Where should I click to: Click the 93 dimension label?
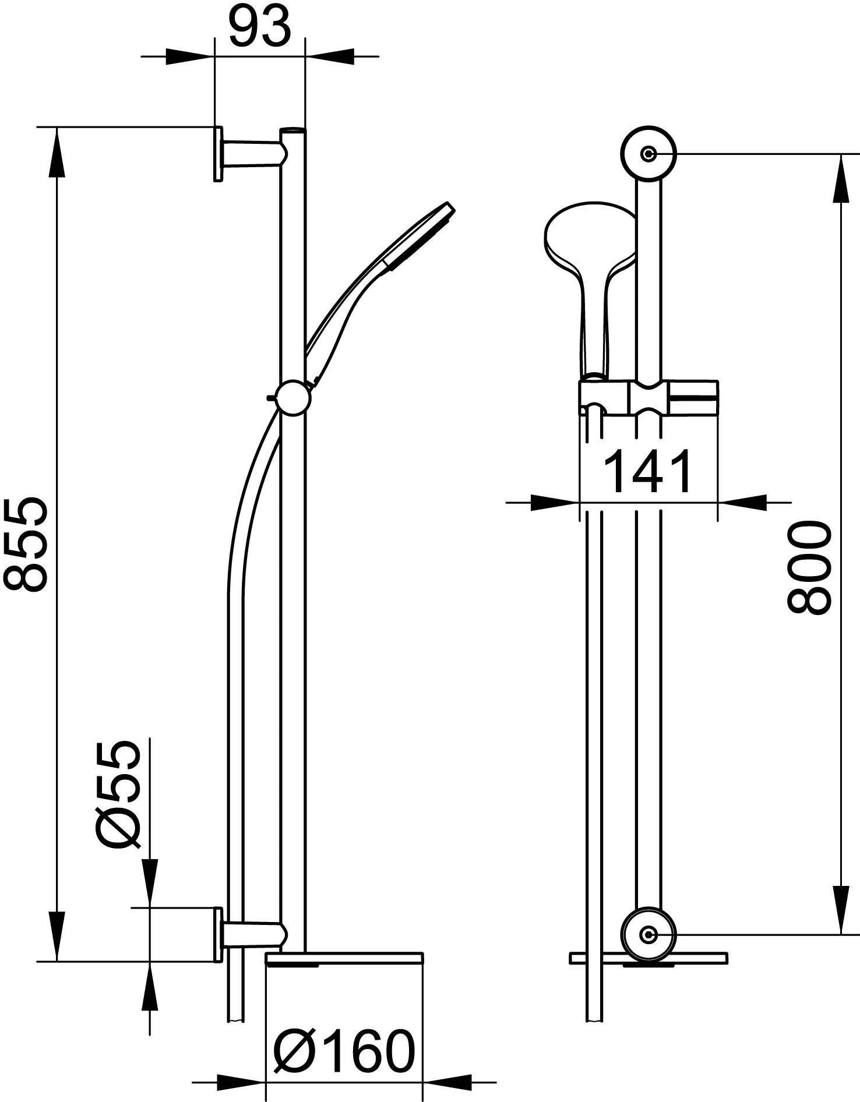click(259, 27)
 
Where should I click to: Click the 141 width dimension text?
click(648, 471)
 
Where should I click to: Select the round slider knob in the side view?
click(292, 398)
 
